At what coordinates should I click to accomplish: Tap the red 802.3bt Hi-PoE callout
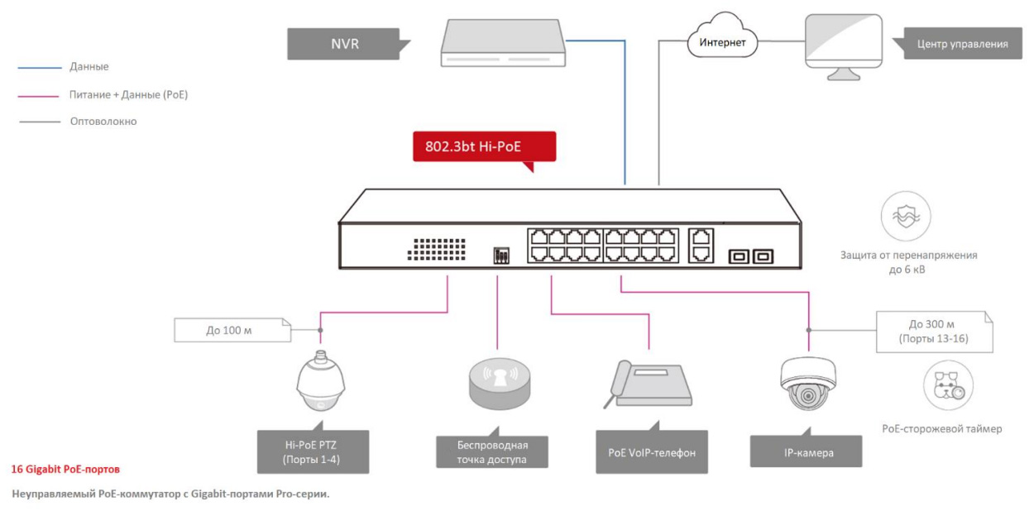pyautogui.click(x=484, y=146)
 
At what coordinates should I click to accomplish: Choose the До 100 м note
pyautogui.click(x=232, y=331)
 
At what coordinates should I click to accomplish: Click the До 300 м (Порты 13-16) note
pyautogui.click(x=932, y=332)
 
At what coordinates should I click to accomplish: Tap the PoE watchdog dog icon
pyautogui.click(x=948, y=385)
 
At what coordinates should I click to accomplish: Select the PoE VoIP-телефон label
pyautogui.click(x=651, y=452)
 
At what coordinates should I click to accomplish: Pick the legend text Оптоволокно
pyautogui.click(x=103, y=122)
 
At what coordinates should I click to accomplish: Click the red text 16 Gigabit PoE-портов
pyautogui.click(x=65, y=469)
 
